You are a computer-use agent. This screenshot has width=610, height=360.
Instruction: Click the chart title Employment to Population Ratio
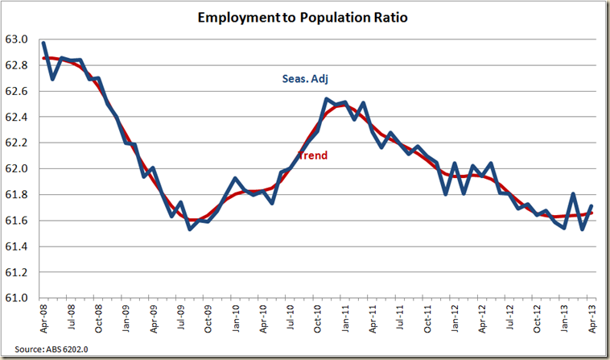point(305,18)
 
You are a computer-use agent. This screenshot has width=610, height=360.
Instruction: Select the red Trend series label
point(312,155)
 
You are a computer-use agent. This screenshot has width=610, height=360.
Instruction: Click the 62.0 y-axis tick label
point(18,169)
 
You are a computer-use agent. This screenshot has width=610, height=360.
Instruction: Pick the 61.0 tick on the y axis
point(18,299)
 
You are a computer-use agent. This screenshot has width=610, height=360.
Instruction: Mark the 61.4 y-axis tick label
point(18,246)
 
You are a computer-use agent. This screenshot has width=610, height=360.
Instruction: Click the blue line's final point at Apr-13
point(592,205)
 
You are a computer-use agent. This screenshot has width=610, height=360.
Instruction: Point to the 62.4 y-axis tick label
point(18,117)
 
